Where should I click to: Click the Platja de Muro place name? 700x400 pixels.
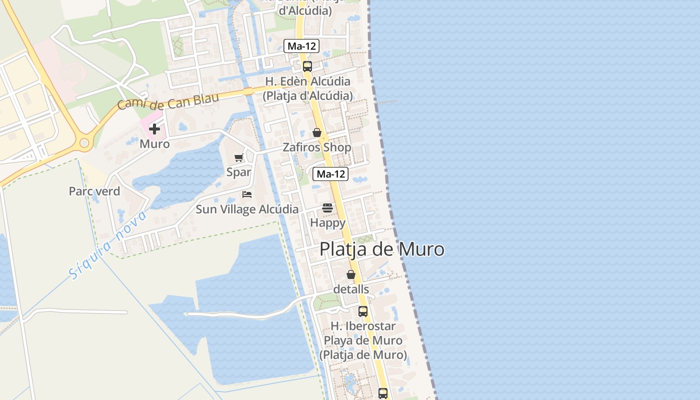381,249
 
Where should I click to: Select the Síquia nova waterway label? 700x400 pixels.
107,245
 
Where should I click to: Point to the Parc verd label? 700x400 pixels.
94,191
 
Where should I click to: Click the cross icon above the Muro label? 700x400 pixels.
154,129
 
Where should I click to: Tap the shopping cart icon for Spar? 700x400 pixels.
238,157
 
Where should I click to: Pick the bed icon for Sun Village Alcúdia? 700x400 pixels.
247,194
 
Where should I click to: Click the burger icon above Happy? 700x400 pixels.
327,207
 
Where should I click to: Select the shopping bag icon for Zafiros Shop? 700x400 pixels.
317,132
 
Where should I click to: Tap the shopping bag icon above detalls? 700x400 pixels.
351,274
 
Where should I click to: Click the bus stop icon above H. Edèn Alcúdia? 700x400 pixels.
307,66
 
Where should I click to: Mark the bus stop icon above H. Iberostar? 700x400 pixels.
363,311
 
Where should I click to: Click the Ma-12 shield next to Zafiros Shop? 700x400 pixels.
331,174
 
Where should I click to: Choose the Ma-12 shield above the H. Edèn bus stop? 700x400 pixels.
301,46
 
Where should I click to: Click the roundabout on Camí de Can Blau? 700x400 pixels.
84,143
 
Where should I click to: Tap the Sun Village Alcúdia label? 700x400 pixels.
247,209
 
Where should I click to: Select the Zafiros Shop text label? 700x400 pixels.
317,147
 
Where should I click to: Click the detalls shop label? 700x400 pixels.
351,289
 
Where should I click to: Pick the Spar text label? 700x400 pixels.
238,172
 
